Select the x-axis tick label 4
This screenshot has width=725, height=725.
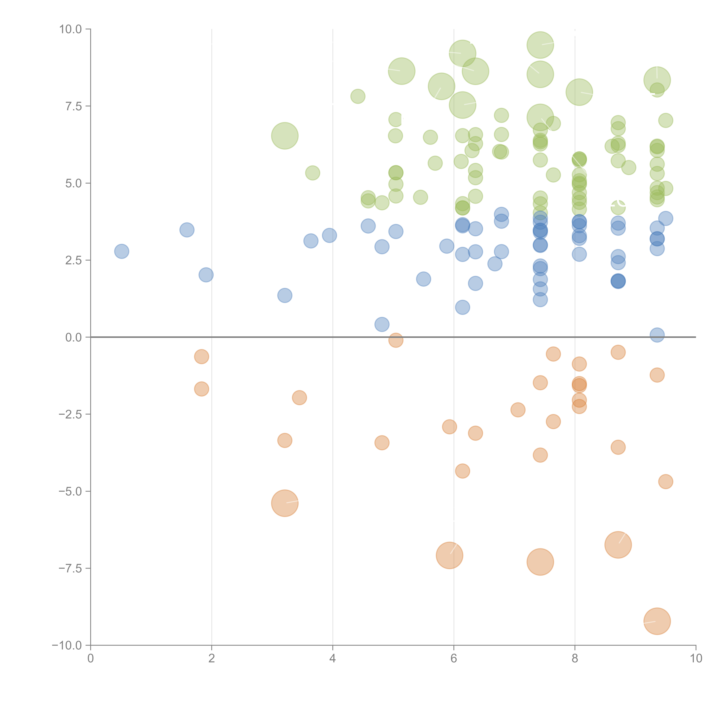point(332,659)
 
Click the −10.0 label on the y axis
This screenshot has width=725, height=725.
point(67,645)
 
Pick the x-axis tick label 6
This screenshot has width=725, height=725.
point(454,659)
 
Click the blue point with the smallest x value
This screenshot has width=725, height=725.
point(122,251)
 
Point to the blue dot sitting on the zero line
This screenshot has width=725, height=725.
point(657,335)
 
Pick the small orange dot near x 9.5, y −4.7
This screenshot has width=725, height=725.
point(665,481)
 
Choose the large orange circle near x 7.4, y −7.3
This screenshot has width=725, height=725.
point(540,562)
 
